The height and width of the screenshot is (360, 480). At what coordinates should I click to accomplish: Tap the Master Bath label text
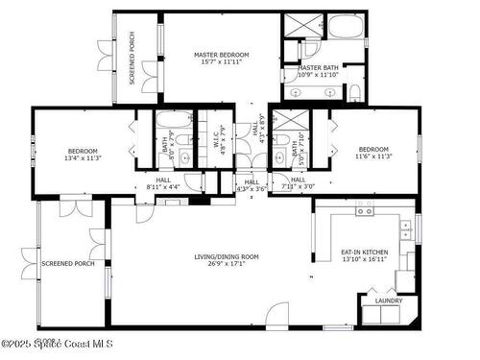click(x=318, y=68)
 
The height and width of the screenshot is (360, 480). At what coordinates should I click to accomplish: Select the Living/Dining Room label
click(x=227, y=256)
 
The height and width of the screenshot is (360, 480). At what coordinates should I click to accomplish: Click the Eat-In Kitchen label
click(x=365, y=252)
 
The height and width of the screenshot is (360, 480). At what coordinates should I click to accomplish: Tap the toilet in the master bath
click(x=354, y=92)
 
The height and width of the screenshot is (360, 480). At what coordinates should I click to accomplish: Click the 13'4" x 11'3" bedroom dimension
click(x=84, y=158)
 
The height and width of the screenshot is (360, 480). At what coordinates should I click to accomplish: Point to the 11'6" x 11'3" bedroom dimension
click(x=373, y=158)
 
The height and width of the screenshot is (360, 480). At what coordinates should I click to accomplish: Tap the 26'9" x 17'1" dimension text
click(x=227, y=264)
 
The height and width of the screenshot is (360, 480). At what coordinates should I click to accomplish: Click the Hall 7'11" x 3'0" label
click(x=298, y=183)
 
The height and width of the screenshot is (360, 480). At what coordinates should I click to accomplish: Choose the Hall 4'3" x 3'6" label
click(x=252, y=185)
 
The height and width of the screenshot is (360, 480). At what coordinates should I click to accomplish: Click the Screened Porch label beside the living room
click(x=67, y=263)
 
